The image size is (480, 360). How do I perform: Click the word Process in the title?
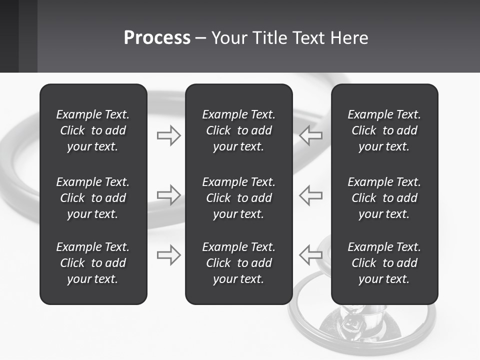[157, 38]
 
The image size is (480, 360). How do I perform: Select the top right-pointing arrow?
[169, 135]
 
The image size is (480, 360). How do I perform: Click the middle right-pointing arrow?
[169, 195]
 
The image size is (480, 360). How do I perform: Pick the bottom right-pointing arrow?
[169, 254]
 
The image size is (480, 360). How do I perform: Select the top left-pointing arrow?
[311, 135]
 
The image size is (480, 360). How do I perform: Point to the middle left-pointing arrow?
[311, 195]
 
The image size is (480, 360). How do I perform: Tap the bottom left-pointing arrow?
[311, 254]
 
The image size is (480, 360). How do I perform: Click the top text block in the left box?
[93, 130]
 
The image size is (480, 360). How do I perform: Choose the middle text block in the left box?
[93, 198]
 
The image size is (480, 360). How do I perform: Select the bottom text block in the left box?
[93, 263]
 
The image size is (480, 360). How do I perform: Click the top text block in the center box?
[239, 130]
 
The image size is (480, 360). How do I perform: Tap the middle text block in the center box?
[239, 198]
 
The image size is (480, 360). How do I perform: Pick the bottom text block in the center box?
[239, 263]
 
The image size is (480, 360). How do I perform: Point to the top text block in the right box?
[384, 130]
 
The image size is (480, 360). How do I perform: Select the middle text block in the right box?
[384, 198]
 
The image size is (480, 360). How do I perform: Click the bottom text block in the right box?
[384, 263]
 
